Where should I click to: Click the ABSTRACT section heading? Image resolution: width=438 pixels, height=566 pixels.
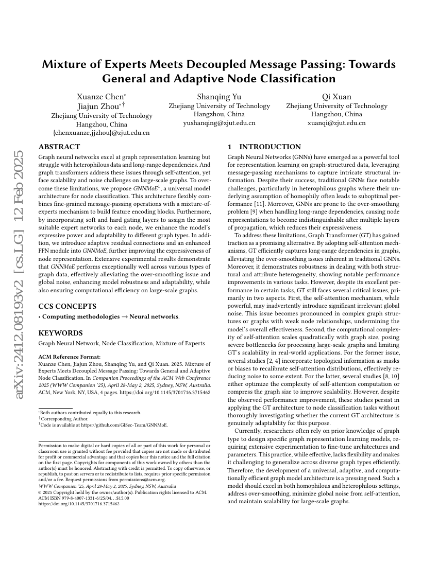[59, 147]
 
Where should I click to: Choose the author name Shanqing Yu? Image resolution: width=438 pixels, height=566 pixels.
[219, 96]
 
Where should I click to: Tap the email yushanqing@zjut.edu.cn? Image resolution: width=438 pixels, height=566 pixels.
[219, 123]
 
